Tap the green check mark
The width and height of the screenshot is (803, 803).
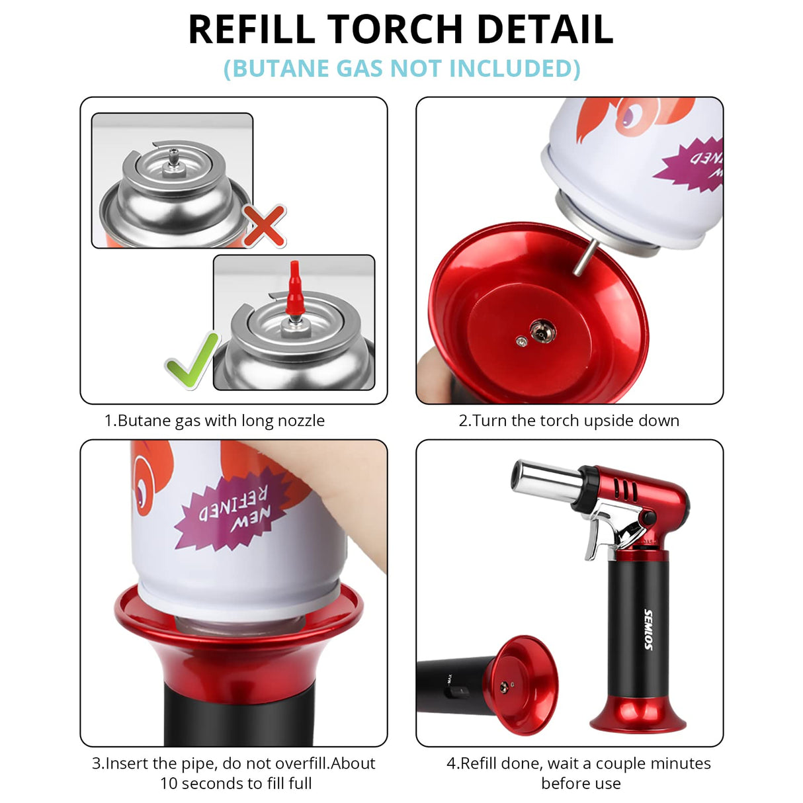(191, 360)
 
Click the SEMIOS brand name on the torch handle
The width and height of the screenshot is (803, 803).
(648, 629)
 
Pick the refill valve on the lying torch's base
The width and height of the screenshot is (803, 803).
(505, 687)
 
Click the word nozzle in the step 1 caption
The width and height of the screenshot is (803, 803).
(298, 421)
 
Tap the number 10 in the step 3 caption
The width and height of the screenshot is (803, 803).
(169, 784)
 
